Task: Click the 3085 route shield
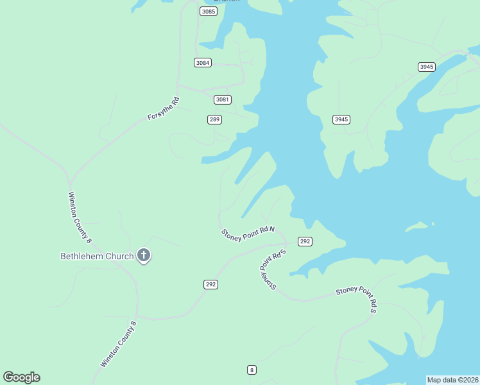tap(208, 12)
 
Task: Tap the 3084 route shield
tap(203, 62)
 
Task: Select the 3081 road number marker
tap(222, 99)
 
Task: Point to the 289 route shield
tap(214, 119)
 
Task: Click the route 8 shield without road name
tap(252, 370)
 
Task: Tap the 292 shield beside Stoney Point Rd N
tap(305, 241)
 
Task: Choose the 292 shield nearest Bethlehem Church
tap(210, 284)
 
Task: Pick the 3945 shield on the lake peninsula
tap(341, 119)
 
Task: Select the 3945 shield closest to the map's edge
tap(427, 67)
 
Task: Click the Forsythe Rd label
tap(163, 108)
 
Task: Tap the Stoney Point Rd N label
tap(248, 234)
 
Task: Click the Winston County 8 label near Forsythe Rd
tap(80, 218)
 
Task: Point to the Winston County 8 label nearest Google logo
tap(119, 345)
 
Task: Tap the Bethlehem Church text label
tap(97, 256)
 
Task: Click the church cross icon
tap(144, 256)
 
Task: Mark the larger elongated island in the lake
tap(418, 226)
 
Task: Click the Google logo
tap(21, 377)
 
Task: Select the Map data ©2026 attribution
tap(453, 380)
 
